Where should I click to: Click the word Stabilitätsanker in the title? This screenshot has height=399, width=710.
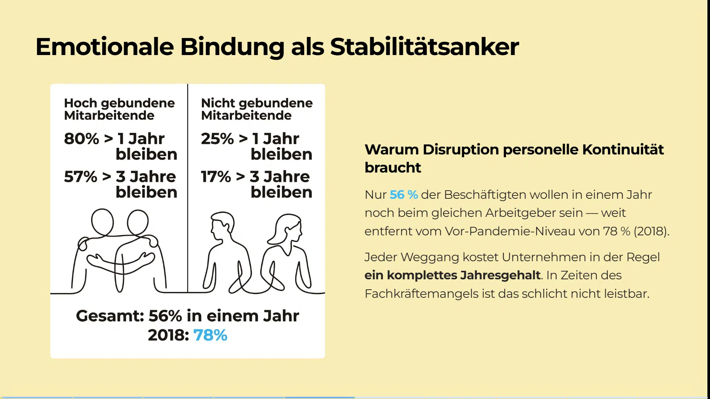click(424, 47)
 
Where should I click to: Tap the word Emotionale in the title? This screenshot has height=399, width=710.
click(105, 47)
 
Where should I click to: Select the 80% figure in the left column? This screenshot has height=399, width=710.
click(81, 139)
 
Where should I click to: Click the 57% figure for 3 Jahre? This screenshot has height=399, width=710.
click(80, 177)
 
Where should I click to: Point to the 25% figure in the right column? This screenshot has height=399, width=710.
click(217, 139)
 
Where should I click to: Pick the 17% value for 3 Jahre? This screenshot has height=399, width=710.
click(216, 177)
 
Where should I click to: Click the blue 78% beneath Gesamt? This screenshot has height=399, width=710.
click(210, 335)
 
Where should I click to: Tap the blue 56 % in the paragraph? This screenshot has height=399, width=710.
click(404, 195)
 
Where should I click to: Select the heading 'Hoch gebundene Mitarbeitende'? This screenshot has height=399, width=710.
click(119, 109)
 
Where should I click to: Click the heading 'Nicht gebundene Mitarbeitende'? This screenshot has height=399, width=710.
click(257, 109)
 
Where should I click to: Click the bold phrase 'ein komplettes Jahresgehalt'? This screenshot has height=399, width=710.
click(452, 275)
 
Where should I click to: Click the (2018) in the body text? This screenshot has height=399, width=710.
click(651, 231)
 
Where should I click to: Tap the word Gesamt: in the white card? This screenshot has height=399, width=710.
click(110, 316)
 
